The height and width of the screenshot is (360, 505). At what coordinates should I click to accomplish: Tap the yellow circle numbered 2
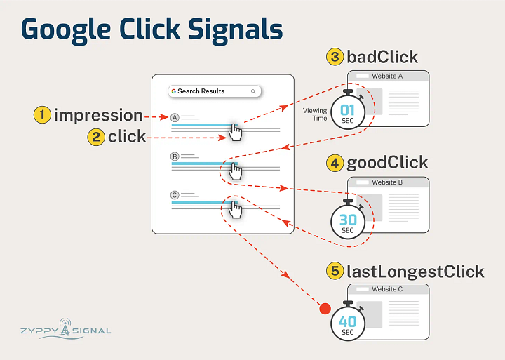(x=96, y=137)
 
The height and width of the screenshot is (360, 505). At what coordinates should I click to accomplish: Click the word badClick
(x=382, y=57)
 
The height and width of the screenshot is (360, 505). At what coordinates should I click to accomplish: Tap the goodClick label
(x=387, y=164)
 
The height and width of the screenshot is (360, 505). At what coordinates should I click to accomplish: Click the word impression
(x=98, y=115)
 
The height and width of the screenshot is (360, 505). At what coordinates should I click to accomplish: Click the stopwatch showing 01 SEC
(x=348, y=112)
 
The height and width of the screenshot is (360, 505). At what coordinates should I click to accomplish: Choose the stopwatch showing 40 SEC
(x=348, y=323)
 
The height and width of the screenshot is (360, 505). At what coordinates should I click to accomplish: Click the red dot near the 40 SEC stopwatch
(x=324, y=308)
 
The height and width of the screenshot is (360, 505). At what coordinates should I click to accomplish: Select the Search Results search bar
(x=215, y=91)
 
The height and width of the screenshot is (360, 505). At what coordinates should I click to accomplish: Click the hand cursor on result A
(x=236, y=131)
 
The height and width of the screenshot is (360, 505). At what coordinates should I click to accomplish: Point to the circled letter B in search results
(x=175, y=156)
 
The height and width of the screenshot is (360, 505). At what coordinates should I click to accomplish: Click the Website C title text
(x=387, y=289)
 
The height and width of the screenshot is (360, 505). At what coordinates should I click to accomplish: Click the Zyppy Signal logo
(x=65, y=328)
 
